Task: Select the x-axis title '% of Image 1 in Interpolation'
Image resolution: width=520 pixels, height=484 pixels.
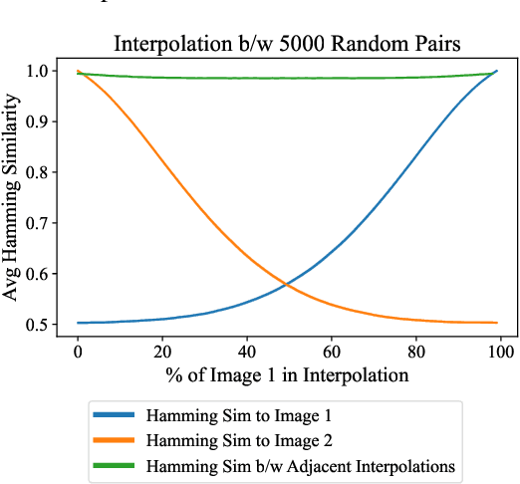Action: (289, 376)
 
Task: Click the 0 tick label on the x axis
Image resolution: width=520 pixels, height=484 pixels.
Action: (78, 351)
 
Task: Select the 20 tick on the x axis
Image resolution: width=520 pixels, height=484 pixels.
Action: (162, 351)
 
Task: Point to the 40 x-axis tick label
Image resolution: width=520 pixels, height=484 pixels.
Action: (247, 351)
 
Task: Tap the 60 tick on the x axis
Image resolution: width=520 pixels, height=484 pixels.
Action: (332, 351)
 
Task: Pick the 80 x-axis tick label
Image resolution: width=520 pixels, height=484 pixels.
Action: (416, 351)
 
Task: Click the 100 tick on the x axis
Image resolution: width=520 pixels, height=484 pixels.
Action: (500, 351)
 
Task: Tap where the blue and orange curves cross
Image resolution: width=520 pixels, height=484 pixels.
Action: (287, 286)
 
